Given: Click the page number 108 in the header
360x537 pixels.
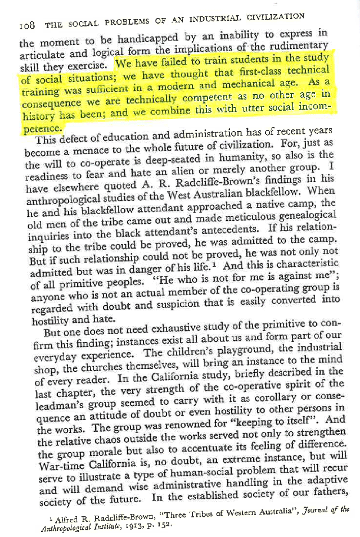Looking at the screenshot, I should click(27, 25).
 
